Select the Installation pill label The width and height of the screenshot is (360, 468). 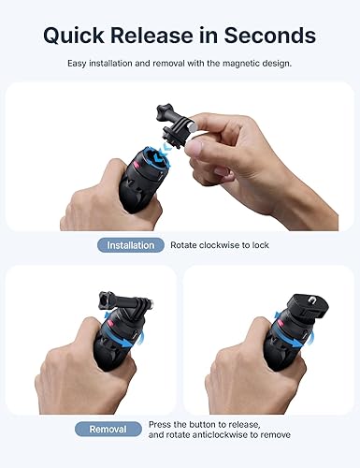tap(130, 244)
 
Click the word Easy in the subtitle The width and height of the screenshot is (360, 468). tap(79, 63)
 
